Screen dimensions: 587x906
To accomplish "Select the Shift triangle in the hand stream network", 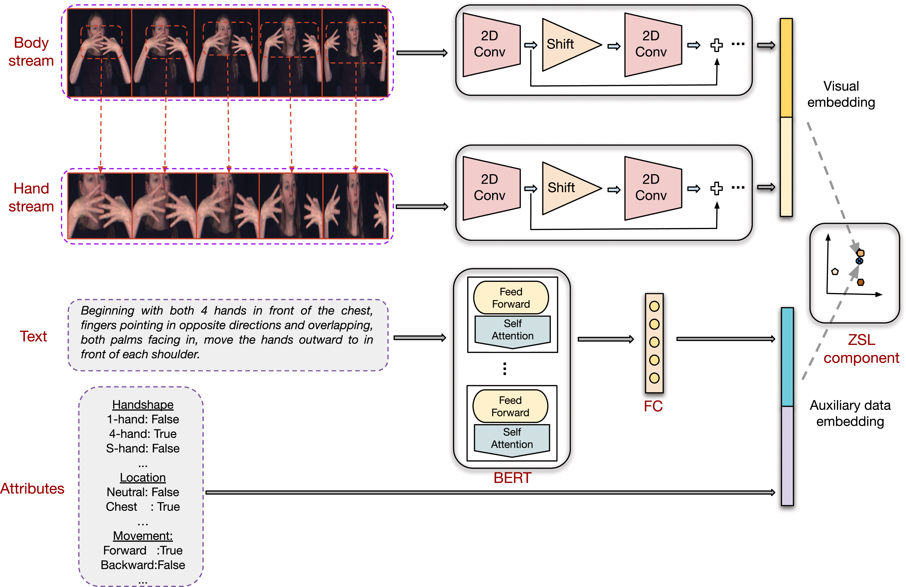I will pos(567,188).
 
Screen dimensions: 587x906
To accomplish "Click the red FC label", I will pos(653,406).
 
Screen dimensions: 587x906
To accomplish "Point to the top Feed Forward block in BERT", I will pos(511,298).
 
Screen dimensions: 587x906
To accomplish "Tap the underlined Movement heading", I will pos(143,536).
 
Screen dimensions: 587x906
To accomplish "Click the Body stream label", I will pos(31,52).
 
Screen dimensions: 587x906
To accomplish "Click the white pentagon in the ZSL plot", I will pos(835,271).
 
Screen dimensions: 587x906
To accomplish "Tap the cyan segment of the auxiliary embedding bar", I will pos(787,357).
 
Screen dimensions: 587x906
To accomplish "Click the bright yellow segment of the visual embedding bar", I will pos(786,68).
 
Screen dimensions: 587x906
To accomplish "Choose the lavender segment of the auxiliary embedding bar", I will pos(787,456).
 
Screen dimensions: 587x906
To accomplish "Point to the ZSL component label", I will pos(861,349).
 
